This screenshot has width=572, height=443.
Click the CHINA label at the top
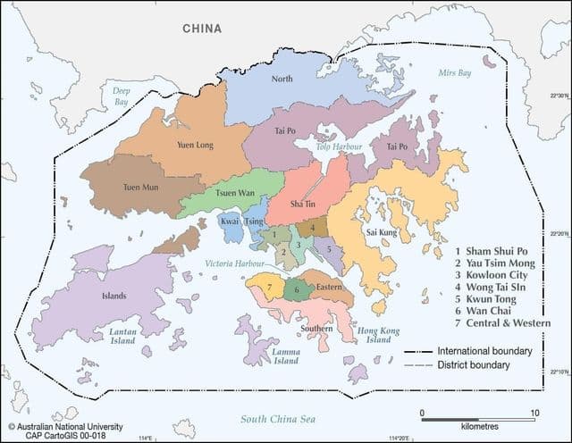coord(202,29)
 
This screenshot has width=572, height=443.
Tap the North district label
coord(282,79)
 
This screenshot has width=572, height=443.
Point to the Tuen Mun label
coord(140,188)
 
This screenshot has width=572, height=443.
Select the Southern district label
coord(316,329)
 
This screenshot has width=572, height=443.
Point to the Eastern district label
coord(329,288)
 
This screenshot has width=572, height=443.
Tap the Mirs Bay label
coord(454,73)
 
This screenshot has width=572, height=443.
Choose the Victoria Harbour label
coord(236,264)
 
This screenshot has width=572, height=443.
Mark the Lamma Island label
coord(285,355)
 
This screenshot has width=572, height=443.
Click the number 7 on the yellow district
coord(269,288)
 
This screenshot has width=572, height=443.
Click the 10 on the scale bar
coord(534,413)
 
